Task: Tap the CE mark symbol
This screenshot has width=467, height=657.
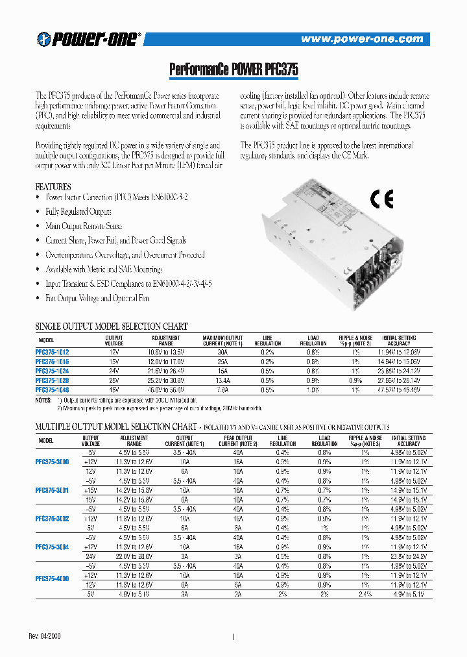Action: tap(381, 199)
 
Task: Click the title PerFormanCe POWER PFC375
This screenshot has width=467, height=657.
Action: tap(233, 69)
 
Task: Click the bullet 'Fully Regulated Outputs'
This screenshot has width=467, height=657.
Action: tap(78, 212)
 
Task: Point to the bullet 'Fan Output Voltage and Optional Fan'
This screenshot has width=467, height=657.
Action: tap(97, 298)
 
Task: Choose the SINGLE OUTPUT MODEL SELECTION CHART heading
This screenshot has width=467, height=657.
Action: tap(111, 327)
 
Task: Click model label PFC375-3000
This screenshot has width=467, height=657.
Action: tap(53, 461)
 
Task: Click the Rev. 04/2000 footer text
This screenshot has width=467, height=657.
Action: tap(47, 635)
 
